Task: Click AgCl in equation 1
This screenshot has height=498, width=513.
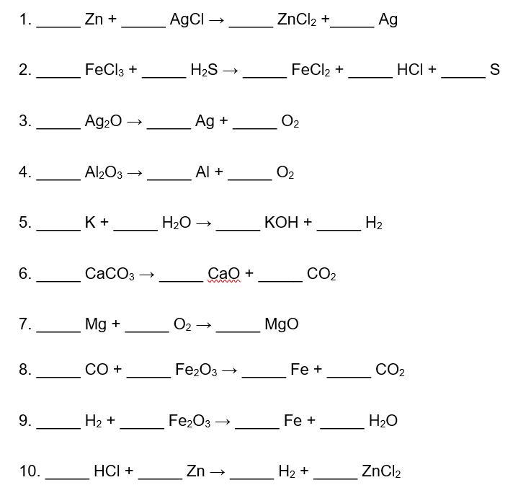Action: pos(187,20)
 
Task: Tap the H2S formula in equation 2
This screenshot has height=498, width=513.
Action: pos(204,70)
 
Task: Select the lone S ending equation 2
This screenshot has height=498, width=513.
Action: pos(495,70)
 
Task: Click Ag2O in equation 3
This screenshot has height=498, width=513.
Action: pos(103,121)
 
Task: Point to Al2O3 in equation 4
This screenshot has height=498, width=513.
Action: pos(104,172)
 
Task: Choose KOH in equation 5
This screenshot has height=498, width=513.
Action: pos(282,223)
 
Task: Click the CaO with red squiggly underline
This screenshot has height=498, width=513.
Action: pos(224,274)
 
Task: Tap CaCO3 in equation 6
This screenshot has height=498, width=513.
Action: pos(110,274)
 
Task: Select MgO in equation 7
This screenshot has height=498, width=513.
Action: pos(282,324)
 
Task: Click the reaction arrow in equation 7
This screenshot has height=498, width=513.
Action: pos(204,325)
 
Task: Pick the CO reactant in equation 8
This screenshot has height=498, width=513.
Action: pos(97,370)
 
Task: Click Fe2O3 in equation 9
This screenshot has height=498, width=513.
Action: pos(189,421)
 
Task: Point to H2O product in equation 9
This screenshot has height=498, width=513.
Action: pos(383,421)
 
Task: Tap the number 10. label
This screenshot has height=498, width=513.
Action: pos(30,471)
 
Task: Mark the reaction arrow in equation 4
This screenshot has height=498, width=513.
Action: pos(135,173)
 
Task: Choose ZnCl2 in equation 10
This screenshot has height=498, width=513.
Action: pos(381,471)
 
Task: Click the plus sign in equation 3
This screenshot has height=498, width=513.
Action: pos(223,121)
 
